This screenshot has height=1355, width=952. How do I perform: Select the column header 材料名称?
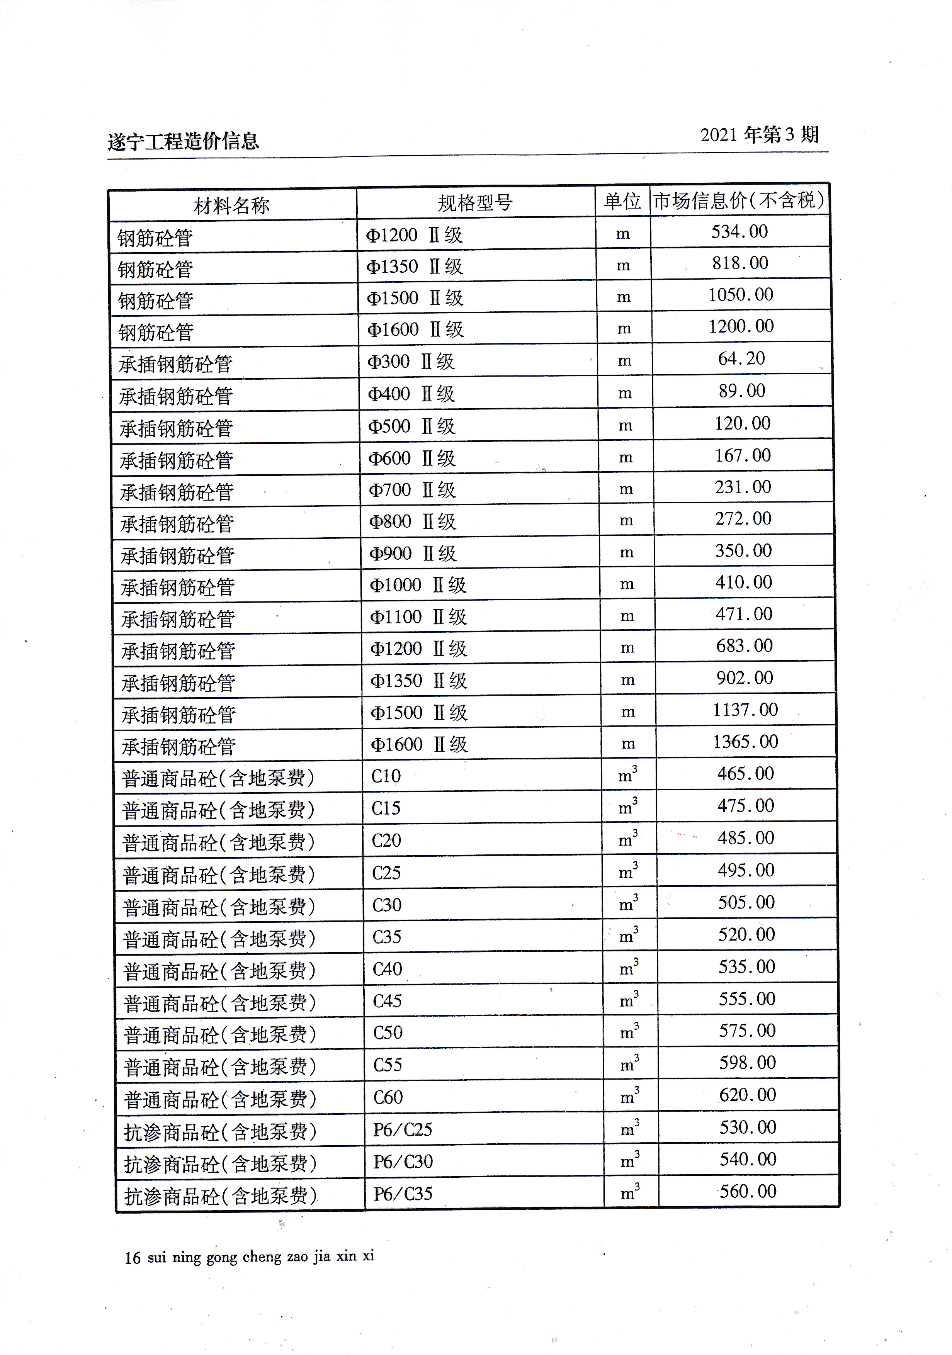pos(231,206)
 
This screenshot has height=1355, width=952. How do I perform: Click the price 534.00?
pos(739,231)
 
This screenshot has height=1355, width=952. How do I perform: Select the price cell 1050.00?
pos(741,294)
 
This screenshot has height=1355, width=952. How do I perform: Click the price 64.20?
pos(741,358)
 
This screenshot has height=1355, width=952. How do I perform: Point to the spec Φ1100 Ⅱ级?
pos(418,617)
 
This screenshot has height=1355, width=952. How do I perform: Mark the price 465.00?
pos(745,774)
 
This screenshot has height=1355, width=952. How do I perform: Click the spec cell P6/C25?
pos(403,1129)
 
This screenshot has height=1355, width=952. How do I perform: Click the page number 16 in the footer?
pos(132,1258)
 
